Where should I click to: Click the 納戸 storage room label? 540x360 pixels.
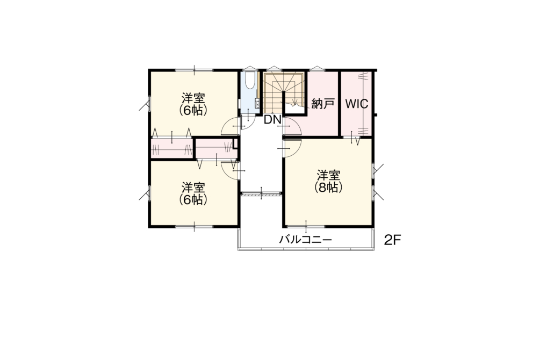(x=323, y=104)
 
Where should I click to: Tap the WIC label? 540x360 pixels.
(x=356, y=104)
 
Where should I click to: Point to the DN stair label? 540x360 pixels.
(x=272, y=120)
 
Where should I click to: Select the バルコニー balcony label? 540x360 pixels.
(x=306, y=239)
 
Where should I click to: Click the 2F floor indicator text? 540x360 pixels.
(x=393, y=240)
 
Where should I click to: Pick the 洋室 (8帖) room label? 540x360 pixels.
(x=328, y=181)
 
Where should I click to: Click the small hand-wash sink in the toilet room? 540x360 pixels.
(x=257, y=103)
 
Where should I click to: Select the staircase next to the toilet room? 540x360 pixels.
(x=283, y=92)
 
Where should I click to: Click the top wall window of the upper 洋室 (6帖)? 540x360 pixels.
(x=194, y=70)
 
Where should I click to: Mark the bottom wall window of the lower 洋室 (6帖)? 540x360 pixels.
(x=194, y=226)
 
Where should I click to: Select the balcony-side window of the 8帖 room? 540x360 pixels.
(x=306, y=226)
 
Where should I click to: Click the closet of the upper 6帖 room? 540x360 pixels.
(x=171, y=149)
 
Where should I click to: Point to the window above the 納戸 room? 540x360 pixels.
(x=316, y=68)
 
